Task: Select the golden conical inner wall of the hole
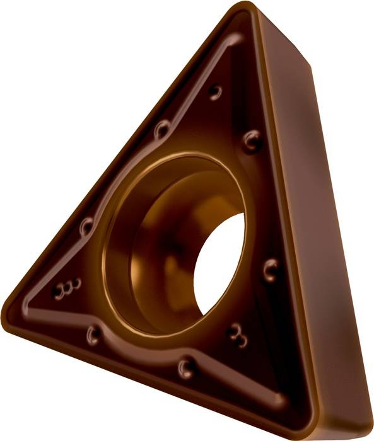(x=151, y=252)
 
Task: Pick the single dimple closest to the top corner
(x=216, y=92)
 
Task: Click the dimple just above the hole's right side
(x=253, y=140)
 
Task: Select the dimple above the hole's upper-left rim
(x=161, y=129)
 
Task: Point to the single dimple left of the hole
(x=86, y=224)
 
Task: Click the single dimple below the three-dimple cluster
(x=95, y=332)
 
